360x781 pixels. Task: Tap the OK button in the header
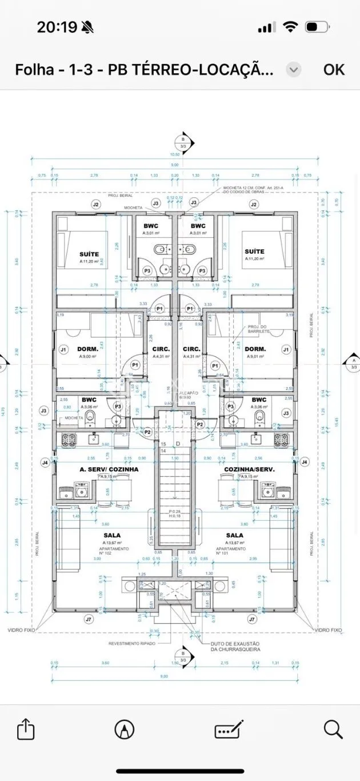pos(334,69)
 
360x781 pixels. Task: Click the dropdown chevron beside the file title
pos(293,70)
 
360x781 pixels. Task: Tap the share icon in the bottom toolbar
pos(26,729)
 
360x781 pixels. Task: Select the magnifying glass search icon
pos(333,729)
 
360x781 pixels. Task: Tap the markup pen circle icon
pos(124,729)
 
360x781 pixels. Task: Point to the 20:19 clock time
pos(57,27)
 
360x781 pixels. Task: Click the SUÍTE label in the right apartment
pos(254,251)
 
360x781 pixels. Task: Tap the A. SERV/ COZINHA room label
pos(109,469)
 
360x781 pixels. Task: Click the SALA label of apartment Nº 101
pos(235,535)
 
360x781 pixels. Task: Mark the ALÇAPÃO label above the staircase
pos(189,394)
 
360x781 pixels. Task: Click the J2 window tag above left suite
pos(95,204)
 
